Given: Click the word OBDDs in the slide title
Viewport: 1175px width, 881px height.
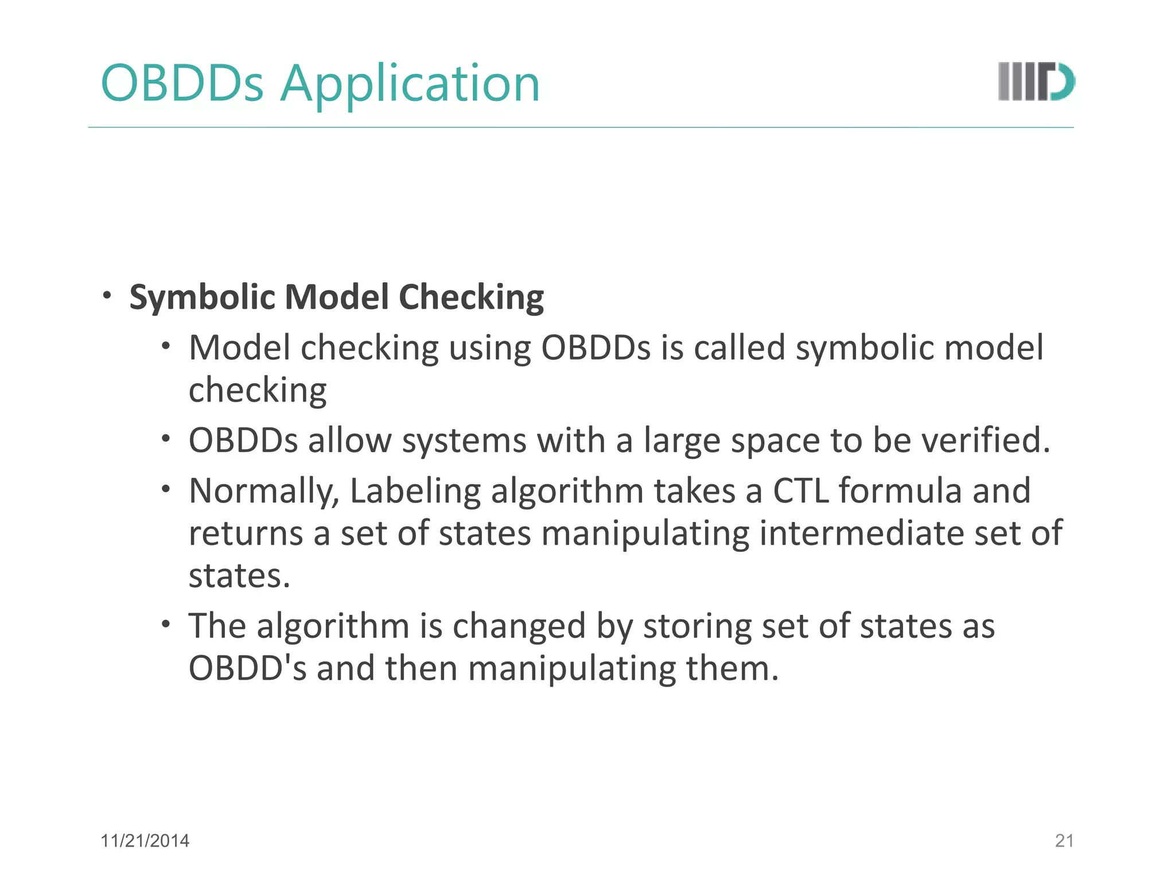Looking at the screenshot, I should [182, 84].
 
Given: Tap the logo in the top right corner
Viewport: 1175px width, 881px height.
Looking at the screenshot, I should [1036, 81].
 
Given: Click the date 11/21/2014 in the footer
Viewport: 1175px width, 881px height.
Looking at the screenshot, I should [145, 841].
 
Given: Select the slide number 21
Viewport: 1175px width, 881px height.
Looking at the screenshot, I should [1064, 841].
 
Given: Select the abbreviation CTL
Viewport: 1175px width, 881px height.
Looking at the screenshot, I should [801, 491].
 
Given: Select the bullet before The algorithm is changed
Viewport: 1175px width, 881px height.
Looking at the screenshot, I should [166, 624].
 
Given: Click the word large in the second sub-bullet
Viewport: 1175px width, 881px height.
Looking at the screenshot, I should [682, 442].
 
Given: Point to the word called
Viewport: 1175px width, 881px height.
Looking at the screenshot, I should [739, 348].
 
